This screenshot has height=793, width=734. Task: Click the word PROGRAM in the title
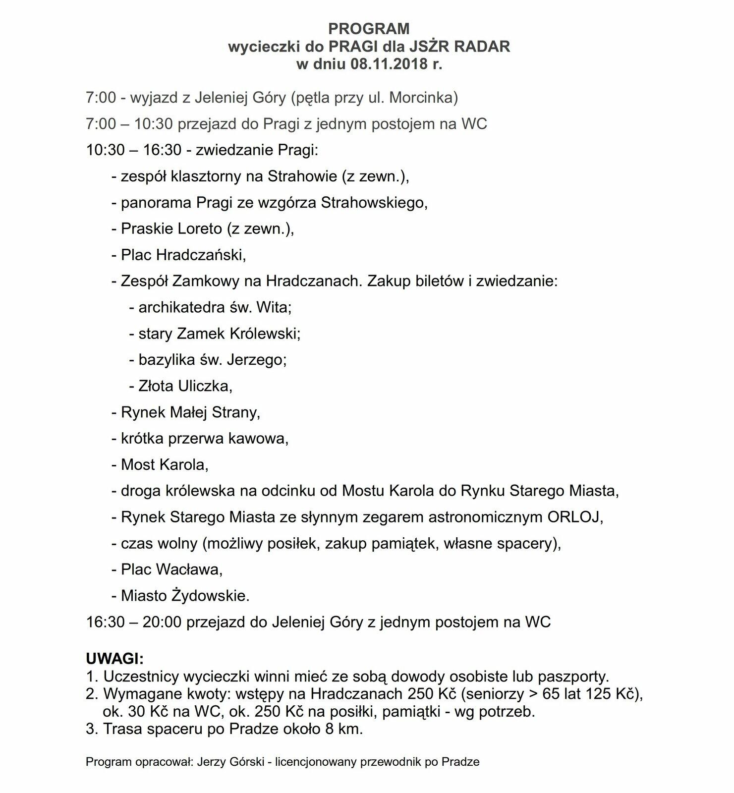pos(369,28)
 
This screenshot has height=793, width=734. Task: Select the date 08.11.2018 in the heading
pos(385,64)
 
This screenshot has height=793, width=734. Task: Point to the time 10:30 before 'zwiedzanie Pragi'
pos(105,150)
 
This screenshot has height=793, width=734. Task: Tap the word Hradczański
pos(201,255)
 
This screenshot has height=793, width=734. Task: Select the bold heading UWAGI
pos(114,659)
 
